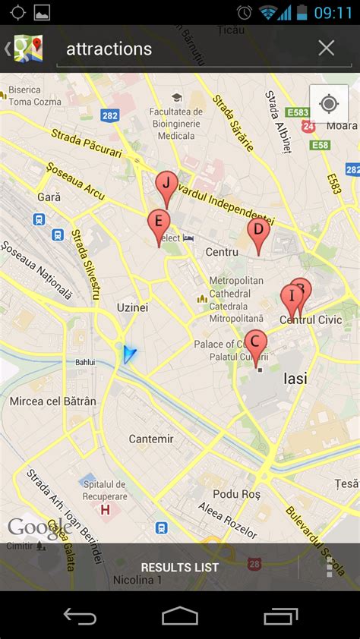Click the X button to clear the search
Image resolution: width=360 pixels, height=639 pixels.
(x=327, y=49)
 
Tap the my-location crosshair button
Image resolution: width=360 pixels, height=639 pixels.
(x=329, y=104)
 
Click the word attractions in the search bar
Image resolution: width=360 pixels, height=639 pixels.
(x=109, y=49)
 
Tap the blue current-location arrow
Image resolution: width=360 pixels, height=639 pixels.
(x=129, y=354)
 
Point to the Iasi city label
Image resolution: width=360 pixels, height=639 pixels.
(x=295, y=378)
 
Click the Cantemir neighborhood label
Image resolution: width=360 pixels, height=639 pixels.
(x=151, y=439)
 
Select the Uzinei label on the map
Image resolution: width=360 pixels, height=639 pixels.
(x=132, y=307)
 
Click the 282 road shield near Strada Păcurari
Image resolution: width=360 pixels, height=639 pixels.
(x=110, y=115)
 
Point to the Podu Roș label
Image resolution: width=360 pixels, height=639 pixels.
(x=236, y=493)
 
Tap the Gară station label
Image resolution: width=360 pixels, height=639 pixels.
(x=49, y=197)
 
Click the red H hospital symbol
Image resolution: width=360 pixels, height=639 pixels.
(x=105, y=509)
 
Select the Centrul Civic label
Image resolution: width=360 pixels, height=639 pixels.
(x=311, y=320)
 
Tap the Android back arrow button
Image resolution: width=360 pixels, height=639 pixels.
(x=80, y=615)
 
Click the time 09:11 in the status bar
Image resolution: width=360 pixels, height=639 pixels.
(x=333, y=12)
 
